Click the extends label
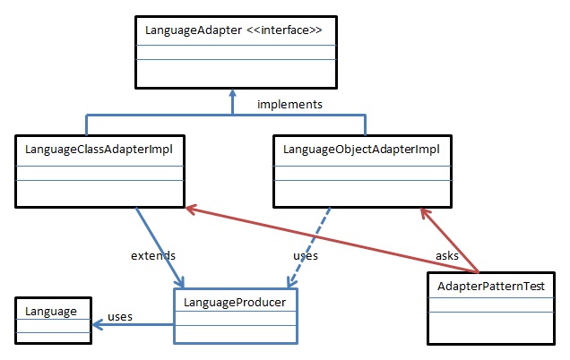tap(151, 256)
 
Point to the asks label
tap(446, 256)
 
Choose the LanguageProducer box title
tap(235, 303)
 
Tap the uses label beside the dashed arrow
tap(306, 256)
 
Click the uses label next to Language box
tap(120, 316)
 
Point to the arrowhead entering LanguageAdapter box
tap(232, 93)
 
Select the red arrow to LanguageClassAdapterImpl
tap(332, 239)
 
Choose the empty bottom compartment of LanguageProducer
tap(235, 330)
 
